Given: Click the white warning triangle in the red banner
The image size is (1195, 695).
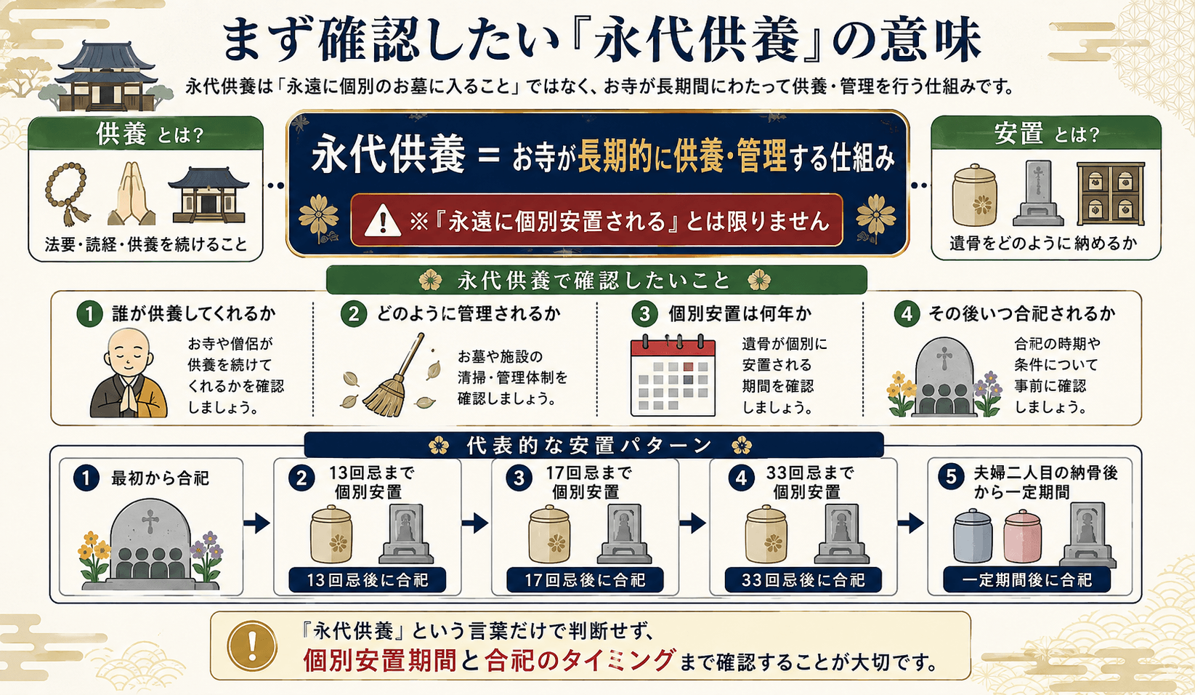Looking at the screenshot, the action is click(x=383, y=220).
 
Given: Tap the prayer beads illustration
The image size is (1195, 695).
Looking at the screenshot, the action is click(x=67, y=193).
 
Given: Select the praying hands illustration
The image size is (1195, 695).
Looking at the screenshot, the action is click(x=131, y=193).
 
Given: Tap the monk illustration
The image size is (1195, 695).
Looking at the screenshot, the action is click(x=129, y=373).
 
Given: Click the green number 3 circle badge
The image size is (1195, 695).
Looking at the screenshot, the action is click(x=644, y=313).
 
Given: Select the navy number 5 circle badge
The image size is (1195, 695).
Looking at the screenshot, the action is click(x=951, y=476).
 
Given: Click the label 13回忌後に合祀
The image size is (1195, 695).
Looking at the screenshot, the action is click(x=367, y=579).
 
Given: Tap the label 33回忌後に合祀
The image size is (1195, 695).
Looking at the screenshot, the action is click(x=803, y=579).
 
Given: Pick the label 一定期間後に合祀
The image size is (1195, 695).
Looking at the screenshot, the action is click(x=1027, y=579).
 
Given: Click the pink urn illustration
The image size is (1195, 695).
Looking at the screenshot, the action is click(x=1022, y=537).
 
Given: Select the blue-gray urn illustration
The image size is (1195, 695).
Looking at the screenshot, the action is click(x=973, y=536).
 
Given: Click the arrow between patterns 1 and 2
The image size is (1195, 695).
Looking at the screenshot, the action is click(x=257, y=523).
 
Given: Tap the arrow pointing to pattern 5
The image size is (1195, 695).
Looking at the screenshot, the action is click(x=911, y=523).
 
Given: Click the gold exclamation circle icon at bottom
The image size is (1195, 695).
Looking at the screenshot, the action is click(x=252, y=646).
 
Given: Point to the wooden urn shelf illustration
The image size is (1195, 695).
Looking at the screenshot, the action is click(x=1111, y=194).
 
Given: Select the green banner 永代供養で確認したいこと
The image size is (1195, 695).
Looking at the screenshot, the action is click(x=596, y=280).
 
